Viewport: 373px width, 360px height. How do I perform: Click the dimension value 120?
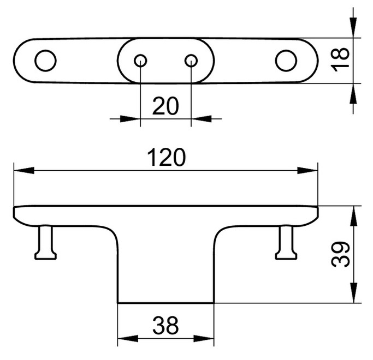(166, 157)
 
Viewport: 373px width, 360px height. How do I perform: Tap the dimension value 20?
(165, 106)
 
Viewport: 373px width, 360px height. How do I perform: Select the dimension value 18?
(340, 60)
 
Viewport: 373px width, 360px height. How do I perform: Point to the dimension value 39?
(340, 254)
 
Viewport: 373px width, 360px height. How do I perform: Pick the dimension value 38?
(165, 325)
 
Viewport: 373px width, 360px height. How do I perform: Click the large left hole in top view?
(45, 61)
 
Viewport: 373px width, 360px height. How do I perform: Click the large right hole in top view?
(286, 61)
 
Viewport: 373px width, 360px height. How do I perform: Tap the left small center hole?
(140, 61)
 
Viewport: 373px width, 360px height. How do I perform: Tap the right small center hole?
(191, 61)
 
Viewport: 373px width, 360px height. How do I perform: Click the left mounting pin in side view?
(45, 242)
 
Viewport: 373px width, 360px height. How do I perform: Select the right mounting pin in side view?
(286, 242)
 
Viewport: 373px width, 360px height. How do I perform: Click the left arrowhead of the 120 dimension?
(24, 170)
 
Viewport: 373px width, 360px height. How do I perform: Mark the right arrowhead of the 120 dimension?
(307, 170)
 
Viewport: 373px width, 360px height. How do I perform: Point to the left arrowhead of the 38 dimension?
(128, 338)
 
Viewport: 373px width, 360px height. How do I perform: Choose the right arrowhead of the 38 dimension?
(204, 338)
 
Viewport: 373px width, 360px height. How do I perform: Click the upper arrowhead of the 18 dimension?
(353, 28)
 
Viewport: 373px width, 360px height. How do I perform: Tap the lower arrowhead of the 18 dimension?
(353, 93)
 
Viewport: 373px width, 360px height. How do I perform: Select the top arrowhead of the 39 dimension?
(354, 216)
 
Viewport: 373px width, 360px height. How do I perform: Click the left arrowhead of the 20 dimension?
(130, 119)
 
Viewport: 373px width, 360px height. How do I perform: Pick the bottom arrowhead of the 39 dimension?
(354, 293)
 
